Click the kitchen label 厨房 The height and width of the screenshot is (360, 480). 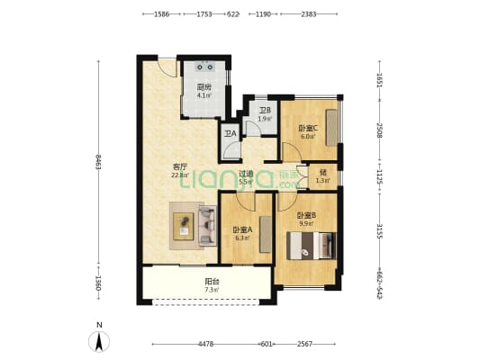[204, 87]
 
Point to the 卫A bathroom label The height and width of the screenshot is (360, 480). [230, 134]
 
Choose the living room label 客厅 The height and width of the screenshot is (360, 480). [180, 166]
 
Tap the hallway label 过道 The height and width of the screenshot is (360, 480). [245, 174]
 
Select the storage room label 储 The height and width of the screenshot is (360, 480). [322, 172]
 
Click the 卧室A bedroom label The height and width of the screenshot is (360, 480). [243, 229]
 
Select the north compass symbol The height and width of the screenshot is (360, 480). [99, 338]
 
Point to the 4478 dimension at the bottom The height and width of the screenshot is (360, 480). [205, 344]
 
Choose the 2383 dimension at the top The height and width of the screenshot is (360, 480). [308, 14]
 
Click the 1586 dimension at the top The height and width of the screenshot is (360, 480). [162, 14]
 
